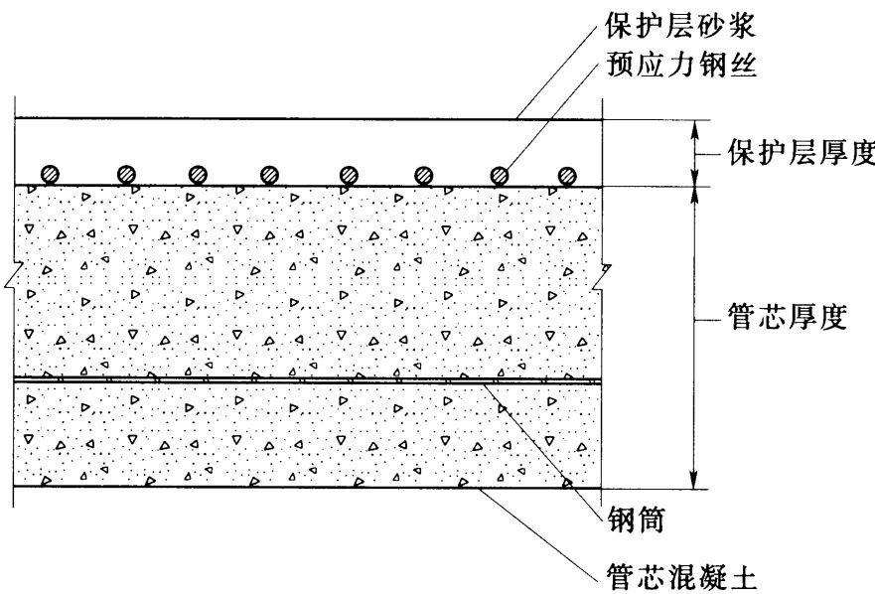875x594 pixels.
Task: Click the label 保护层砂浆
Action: [x=680, y=26]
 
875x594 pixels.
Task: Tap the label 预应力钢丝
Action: [x=681, y=65]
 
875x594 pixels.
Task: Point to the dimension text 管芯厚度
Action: [x=788, y=317]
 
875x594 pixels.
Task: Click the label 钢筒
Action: [x=637, y=520]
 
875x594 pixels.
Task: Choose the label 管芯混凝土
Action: [x=681, y=575]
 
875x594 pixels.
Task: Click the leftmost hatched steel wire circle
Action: [x=51, y=175]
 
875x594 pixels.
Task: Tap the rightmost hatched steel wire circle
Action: [x=567, y=175]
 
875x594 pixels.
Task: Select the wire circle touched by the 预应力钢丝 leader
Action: [x=500, y=175]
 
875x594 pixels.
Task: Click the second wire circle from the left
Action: [x=127, y=175]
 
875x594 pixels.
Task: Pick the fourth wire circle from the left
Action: [x=269, y=175]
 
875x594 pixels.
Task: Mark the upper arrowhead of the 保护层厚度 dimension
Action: [x=694, y=129]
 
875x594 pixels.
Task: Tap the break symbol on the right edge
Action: [x=602, y=276]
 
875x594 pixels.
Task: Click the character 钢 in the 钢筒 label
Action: [x=622, y=520]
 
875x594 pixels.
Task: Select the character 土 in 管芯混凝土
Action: [x=742, y=575]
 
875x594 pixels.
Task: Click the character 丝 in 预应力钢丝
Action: [x=742, y=65]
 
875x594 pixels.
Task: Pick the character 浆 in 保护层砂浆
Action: [x=742, y=26]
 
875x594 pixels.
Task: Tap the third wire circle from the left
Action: [x=198, y=175]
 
